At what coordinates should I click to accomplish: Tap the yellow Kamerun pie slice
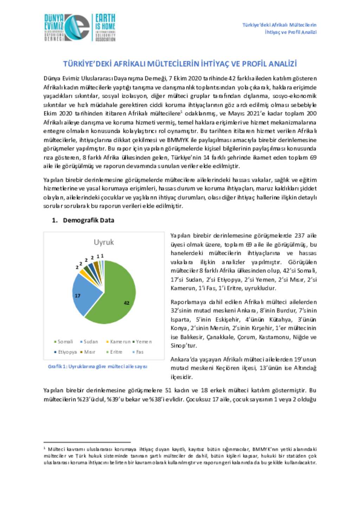coord(83,272)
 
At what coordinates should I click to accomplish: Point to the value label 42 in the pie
coord(127,303)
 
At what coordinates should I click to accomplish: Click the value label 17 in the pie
coord(77,296)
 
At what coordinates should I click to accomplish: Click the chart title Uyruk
coord(104,242)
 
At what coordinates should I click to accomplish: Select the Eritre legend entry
coord(114,352)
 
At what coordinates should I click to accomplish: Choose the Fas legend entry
coord(138,352)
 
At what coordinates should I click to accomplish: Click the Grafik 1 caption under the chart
coord(97,366)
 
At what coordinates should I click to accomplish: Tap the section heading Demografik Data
coord(88,220)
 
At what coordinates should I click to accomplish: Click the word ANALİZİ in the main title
coord(283,64)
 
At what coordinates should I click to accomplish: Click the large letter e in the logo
coord(78,28)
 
